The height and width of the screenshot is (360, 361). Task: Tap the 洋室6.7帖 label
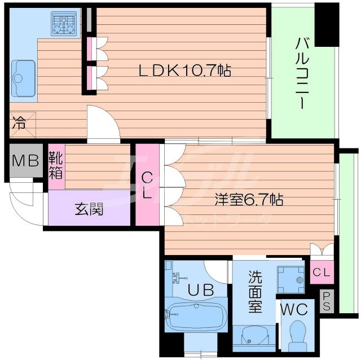point(248,199)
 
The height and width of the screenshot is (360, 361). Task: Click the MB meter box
point(25,160)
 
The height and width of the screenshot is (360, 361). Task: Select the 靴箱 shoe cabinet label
point(55,164)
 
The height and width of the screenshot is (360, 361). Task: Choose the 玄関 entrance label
point(89,210)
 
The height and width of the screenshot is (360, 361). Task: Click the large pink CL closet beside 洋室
point(147,185)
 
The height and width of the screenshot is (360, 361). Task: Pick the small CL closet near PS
point(321,273)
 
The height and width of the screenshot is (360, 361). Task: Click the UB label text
point(200,291)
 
